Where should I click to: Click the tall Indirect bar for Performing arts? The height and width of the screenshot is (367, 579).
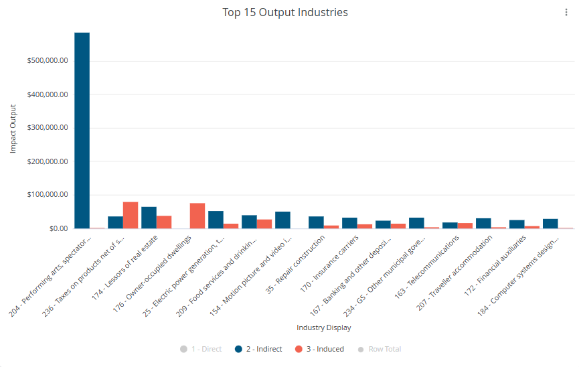click(x=82, y=131)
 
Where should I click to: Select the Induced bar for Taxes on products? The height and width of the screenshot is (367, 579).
click(x=131, y=215)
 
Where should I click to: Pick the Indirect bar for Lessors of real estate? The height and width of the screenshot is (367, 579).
click(x=149, y=218)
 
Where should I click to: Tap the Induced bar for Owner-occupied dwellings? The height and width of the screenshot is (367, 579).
click(x=197, y=216)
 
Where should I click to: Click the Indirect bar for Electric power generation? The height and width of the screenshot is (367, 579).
click(x=216, y=220)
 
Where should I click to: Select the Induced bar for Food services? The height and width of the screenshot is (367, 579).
click(x=264, y=224)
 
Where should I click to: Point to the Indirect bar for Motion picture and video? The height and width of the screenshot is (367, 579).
click(x=283, y=220)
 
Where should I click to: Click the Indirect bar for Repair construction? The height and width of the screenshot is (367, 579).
click(x=316, y=222)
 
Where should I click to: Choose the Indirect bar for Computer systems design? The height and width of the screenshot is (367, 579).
click(x=550, y=224)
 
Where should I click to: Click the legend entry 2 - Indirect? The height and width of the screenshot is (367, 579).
click(x=258, y=349)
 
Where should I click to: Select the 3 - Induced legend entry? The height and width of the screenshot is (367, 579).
click(x=319, y=349)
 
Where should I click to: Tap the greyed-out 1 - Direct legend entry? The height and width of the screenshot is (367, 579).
click(x=201, y=349)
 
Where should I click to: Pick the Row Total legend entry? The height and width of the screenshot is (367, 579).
click(x=380, y=349)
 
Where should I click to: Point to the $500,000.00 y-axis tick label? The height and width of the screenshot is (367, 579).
click(x=48, y=61)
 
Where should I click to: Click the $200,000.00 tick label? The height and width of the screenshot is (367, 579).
click(x=48, y=161)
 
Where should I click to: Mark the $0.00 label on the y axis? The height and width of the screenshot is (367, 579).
click(x=59, y=228)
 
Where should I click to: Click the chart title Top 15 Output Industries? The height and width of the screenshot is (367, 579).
click(x=285, y=12)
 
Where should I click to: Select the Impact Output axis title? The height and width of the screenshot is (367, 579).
click(x=13, y=129)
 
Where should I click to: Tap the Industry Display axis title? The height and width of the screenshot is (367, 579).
click(x=324, y=327)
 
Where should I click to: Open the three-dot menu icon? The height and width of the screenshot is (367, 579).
click(x=566, y=13)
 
